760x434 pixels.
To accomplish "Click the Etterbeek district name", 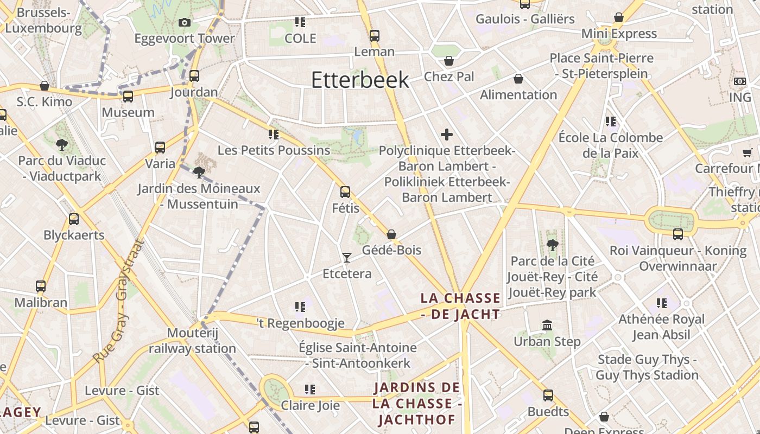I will coord(360,80).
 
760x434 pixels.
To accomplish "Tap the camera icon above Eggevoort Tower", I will coord(185,22).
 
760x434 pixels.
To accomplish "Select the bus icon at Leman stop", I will coord(375,36).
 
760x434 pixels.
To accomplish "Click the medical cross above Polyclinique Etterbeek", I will coord(447,135).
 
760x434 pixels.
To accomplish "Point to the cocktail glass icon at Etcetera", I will coord(347,257).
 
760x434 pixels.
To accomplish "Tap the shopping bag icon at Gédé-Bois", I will coord(391,234).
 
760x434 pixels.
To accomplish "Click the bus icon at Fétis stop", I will coord(345,192).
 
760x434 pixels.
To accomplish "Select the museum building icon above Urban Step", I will coord(547,325).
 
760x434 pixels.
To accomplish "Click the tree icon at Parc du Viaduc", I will coord(61,145).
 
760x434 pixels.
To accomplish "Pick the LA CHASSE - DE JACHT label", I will coord(460,306).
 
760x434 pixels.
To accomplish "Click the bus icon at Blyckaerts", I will coord(74,219).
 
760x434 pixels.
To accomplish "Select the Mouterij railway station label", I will coord(193,341).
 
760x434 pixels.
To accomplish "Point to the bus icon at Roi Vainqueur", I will coord(678,234).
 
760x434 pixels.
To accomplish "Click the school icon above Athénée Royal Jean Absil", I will coord(661,303).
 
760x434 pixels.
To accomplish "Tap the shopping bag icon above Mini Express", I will coord(619,18).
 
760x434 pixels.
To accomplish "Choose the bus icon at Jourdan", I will coord(194,76).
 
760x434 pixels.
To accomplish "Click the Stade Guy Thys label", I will coord(647,367).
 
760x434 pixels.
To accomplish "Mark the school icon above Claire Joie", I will coord(310,390).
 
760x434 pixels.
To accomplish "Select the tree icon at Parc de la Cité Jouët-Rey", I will coord(553,245).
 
